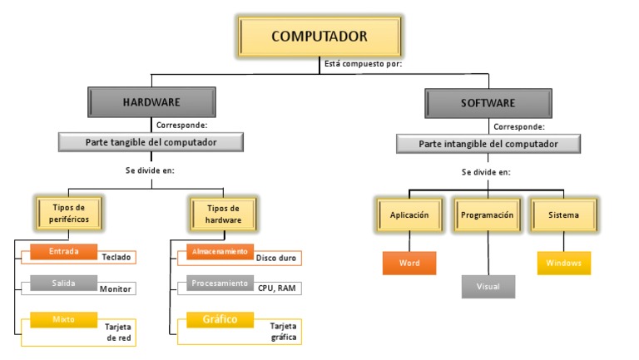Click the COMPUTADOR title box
(x=319, y=37)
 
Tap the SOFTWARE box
(x=488, y=103)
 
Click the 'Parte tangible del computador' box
(x=151, y=142)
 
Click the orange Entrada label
(x=64, y=252)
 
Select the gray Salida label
(x=64, y=284)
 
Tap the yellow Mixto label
(x=64, y=318)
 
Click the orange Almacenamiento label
(x=220, y=251)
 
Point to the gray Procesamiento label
(x=220, y=284)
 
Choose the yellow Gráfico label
(x=220, y=319)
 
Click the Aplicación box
(x=409, y=215)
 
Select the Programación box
(x=488, y=215)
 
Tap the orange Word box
(x=409, y=263)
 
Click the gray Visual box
(x=488, y=285)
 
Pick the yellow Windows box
(x=563, y=263)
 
